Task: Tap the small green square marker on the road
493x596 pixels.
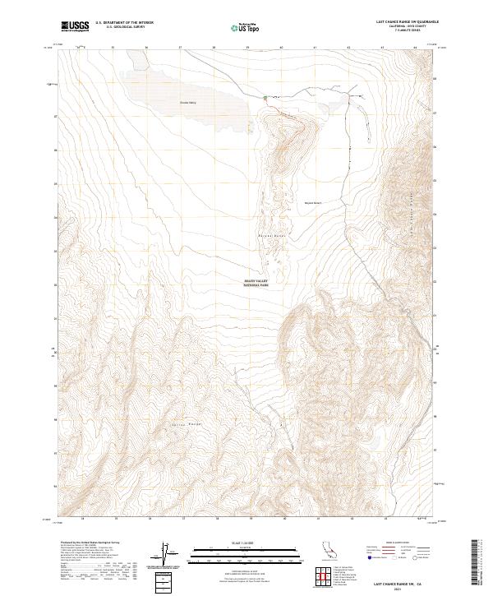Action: coord(265,98)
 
